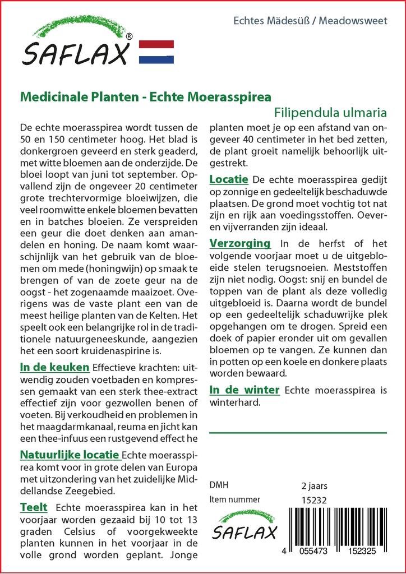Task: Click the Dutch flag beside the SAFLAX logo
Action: (155, 52)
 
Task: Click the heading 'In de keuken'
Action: (54, 368)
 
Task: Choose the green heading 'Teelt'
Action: (34, 508)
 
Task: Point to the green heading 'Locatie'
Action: (229, 179)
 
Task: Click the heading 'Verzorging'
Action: (240, 243)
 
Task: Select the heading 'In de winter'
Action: (244, 390)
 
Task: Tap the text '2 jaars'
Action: (315, 485)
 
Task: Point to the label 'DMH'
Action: (219, 485)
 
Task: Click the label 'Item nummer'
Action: (234, 499)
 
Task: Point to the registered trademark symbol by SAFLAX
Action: (130, 37)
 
